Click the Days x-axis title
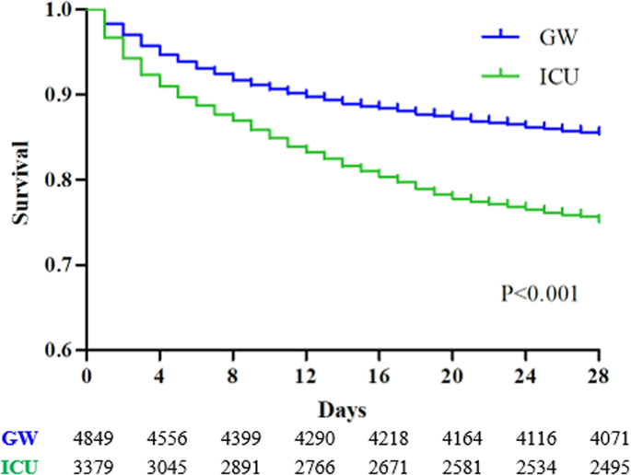point(342,406)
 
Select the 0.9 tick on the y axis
point(63,95)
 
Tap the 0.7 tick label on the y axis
point(63,265)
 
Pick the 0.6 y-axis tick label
point(63,351)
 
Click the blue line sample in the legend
point(502,35)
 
